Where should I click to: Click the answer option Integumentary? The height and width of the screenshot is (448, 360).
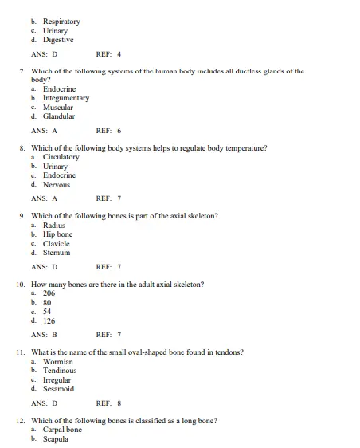[66, 99]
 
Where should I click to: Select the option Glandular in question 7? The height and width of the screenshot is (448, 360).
[59, 116]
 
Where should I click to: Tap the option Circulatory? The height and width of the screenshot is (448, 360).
[61, 157]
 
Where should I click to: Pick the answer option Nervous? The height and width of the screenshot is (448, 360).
[57, 184]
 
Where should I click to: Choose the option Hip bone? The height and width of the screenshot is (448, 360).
[57, 234]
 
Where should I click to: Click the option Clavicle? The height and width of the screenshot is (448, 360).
[57, 243]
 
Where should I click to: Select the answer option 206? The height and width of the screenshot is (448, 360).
[49, 293]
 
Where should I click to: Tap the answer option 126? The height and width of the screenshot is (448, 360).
[49, 320]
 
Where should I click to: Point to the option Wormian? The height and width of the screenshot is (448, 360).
[58, 361]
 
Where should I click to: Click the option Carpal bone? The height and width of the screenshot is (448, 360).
[62, 430]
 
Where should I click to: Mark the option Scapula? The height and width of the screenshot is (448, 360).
[57, 439]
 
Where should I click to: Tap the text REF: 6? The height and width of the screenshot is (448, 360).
[108, 130]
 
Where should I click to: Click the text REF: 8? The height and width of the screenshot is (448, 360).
[108, 403]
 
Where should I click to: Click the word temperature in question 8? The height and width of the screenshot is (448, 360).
[245, 147]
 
